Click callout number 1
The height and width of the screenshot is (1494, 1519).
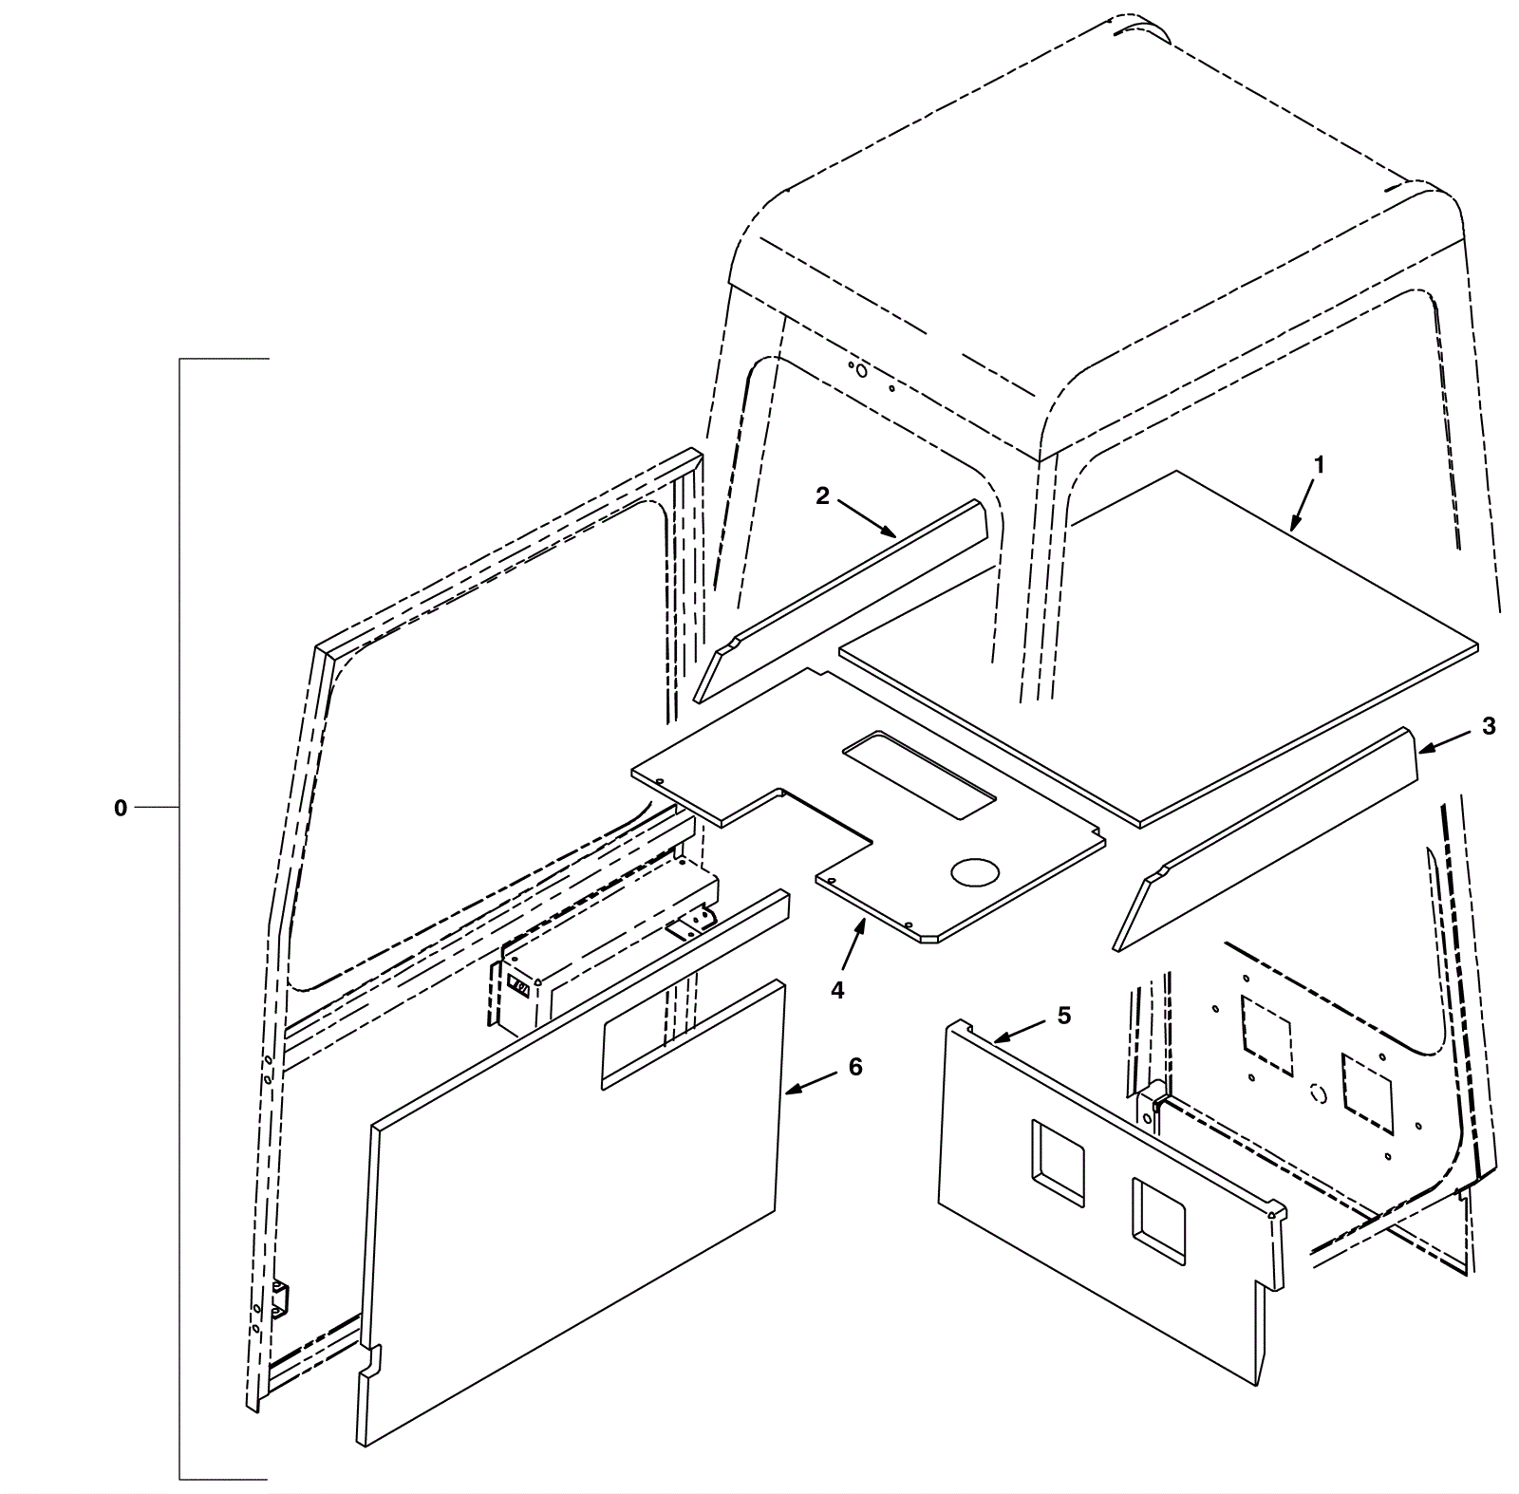coord(1319,465)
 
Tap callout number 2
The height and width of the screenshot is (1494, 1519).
coord(823,495)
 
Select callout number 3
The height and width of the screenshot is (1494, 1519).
coord(1489,726)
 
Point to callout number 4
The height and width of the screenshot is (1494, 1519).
coord(837,990)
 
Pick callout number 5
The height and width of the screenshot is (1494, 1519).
coord(1064,1016)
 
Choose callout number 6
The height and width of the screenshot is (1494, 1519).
coord(855,1067)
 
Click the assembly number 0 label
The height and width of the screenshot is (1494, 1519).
coord(121,809)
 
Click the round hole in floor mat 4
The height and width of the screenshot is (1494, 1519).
coord(976,872)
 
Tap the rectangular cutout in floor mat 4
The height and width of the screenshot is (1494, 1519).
coord(920,774)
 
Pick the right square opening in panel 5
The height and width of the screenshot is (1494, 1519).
coord(1158,1222)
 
